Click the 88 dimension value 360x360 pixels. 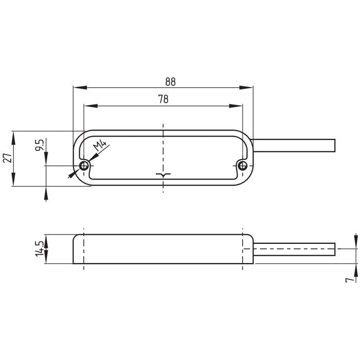click(170, 81)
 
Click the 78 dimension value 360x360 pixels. click(163, 100)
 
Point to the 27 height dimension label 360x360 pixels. click(7, 158)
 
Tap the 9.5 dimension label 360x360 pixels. click(40, 147)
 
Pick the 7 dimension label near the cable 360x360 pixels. click(348, 279)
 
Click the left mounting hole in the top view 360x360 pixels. click(83, 166)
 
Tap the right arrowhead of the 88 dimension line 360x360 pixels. click(247, 88)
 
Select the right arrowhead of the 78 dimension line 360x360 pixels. click(237, 106)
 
